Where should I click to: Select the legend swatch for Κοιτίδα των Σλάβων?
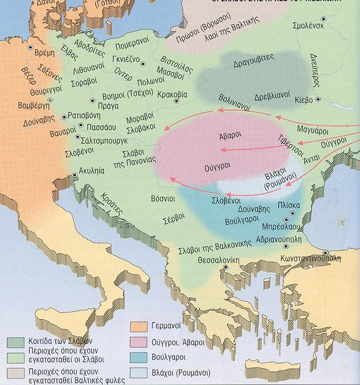click(x=16, y=341)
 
